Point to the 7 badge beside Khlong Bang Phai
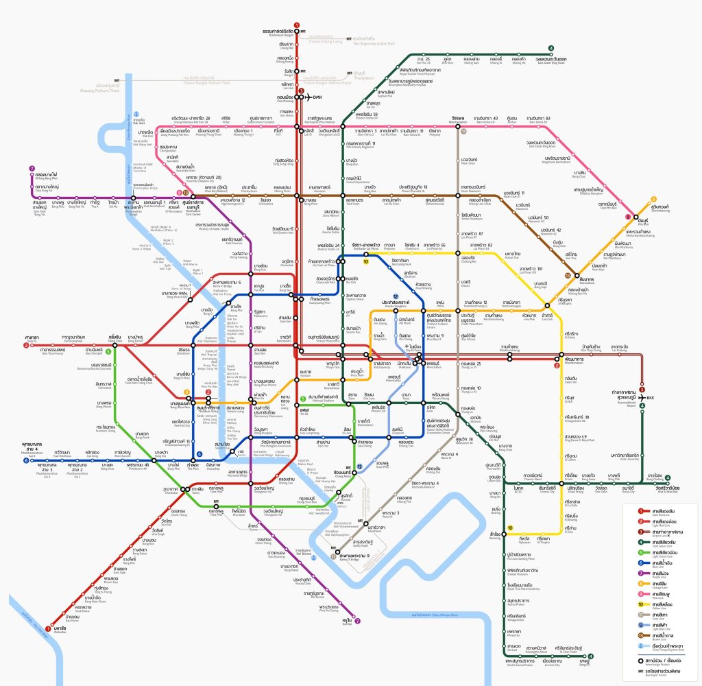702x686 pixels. coord(32,169)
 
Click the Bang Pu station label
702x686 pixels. coord(583,663)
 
